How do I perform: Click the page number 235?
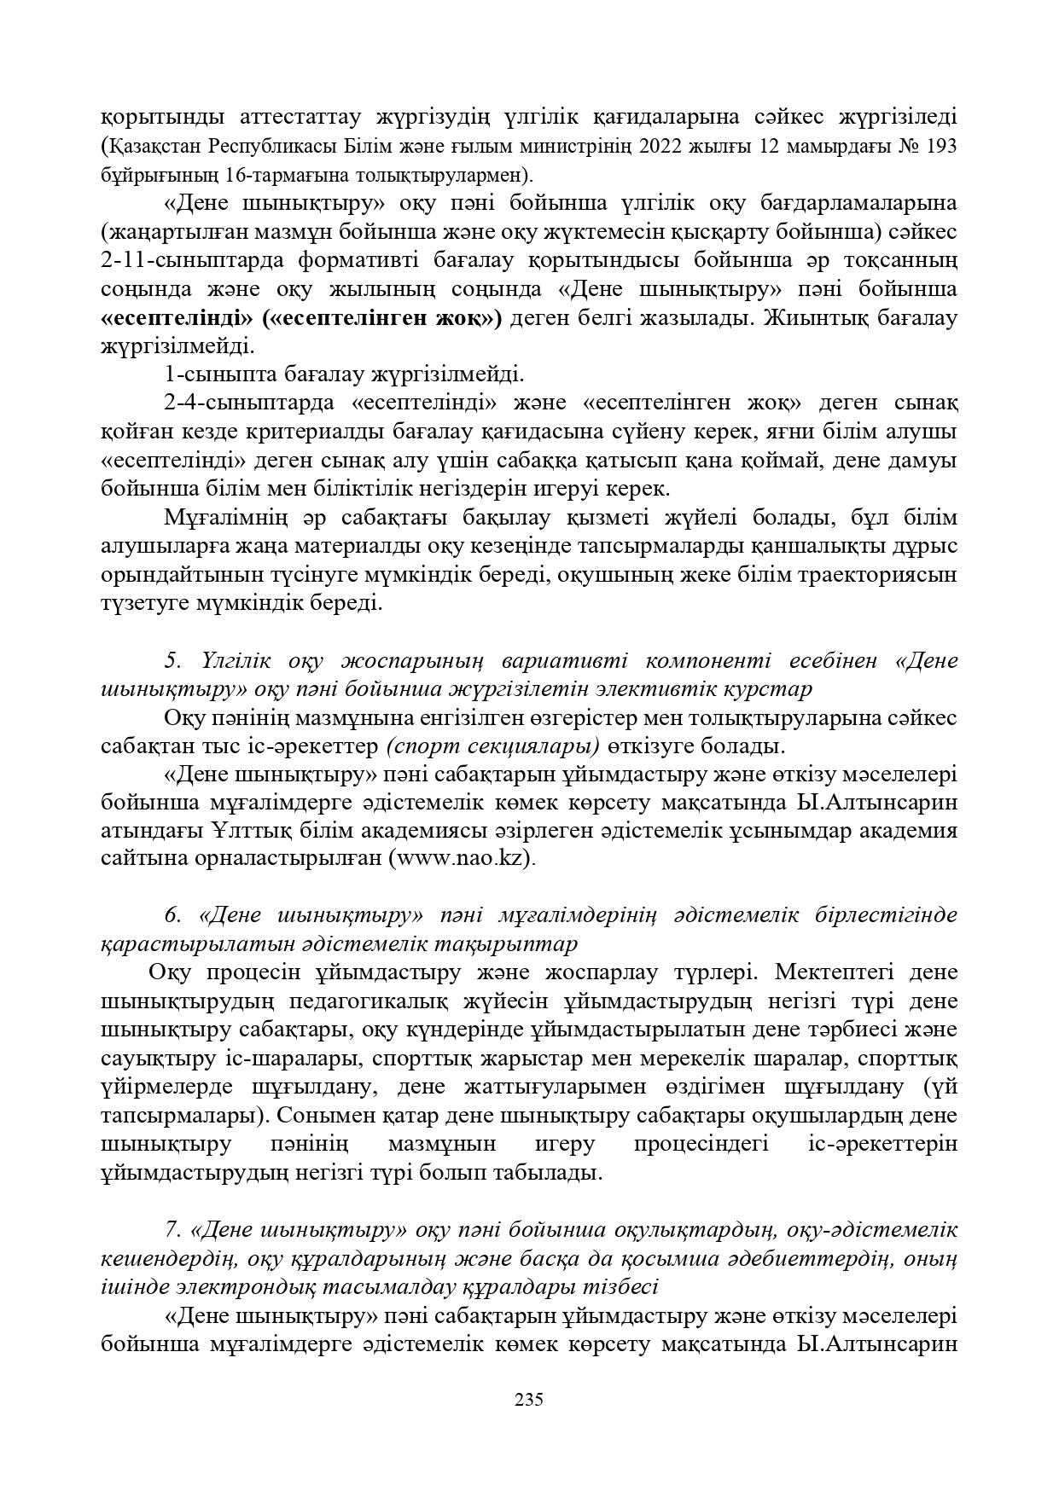529,1399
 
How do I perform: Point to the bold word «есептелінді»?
177,318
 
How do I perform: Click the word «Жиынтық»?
818,318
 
